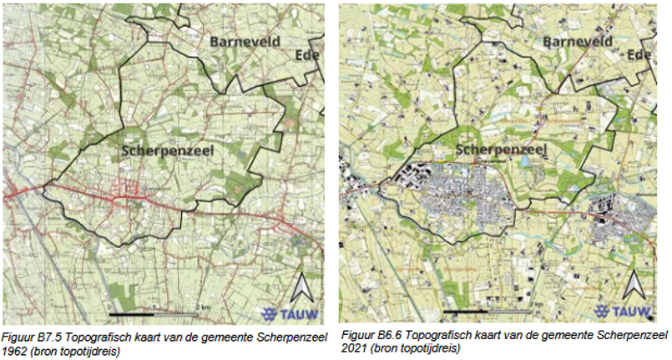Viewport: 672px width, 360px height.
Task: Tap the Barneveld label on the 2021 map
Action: (x=577, y=41)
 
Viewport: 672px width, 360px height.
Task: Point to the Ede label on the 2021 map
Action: (x=639, y=55)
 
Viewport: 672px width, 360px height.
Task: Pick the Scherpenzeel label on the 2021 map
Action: (x=498, y=150)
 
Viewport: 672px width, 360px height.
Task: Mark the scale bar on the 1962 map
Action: (x=155, y=314)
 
